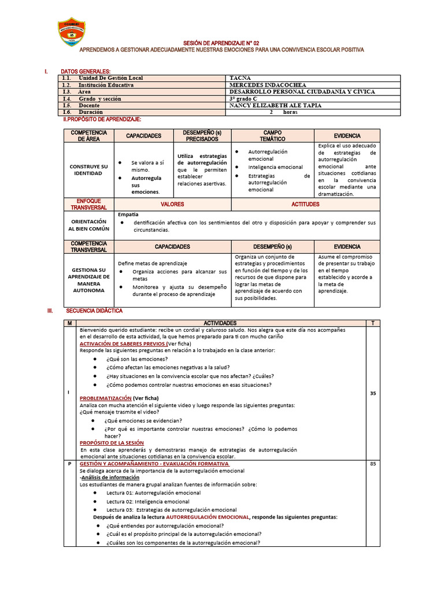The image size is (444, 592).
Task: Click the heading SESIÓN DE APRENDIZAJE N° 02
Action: (221, 43)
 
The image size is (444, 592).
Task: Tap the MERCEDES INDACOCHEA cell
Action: (268, 85)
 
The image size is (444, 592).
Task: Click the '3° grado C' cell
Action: (248, 99)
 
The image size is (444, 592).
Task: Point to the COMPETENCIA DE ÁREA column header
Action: (89, 136)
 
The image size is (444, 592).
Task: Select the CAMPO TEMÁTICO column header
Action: (272, 136)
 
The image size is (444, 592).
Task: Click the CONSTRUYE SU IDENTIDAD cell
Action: (89, 170)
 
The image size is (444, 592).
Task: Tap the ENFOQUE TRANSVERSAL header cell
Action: (89, 204)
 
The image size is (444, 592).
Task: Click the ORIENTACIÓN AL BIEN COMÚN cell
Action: (89, 225)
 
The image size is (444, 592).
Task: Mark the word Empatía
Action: (128, 214)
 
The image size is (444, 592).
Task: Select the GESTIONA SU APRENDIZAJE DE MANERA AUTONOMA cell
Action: (89, 280)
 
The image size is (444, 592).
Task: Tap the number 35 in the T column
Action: (373, 394)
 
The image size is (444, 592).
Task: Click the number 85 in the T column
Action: (373, 464)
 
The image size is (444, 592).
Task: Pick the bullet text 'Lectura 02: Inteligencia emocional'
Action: (147, 502)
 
